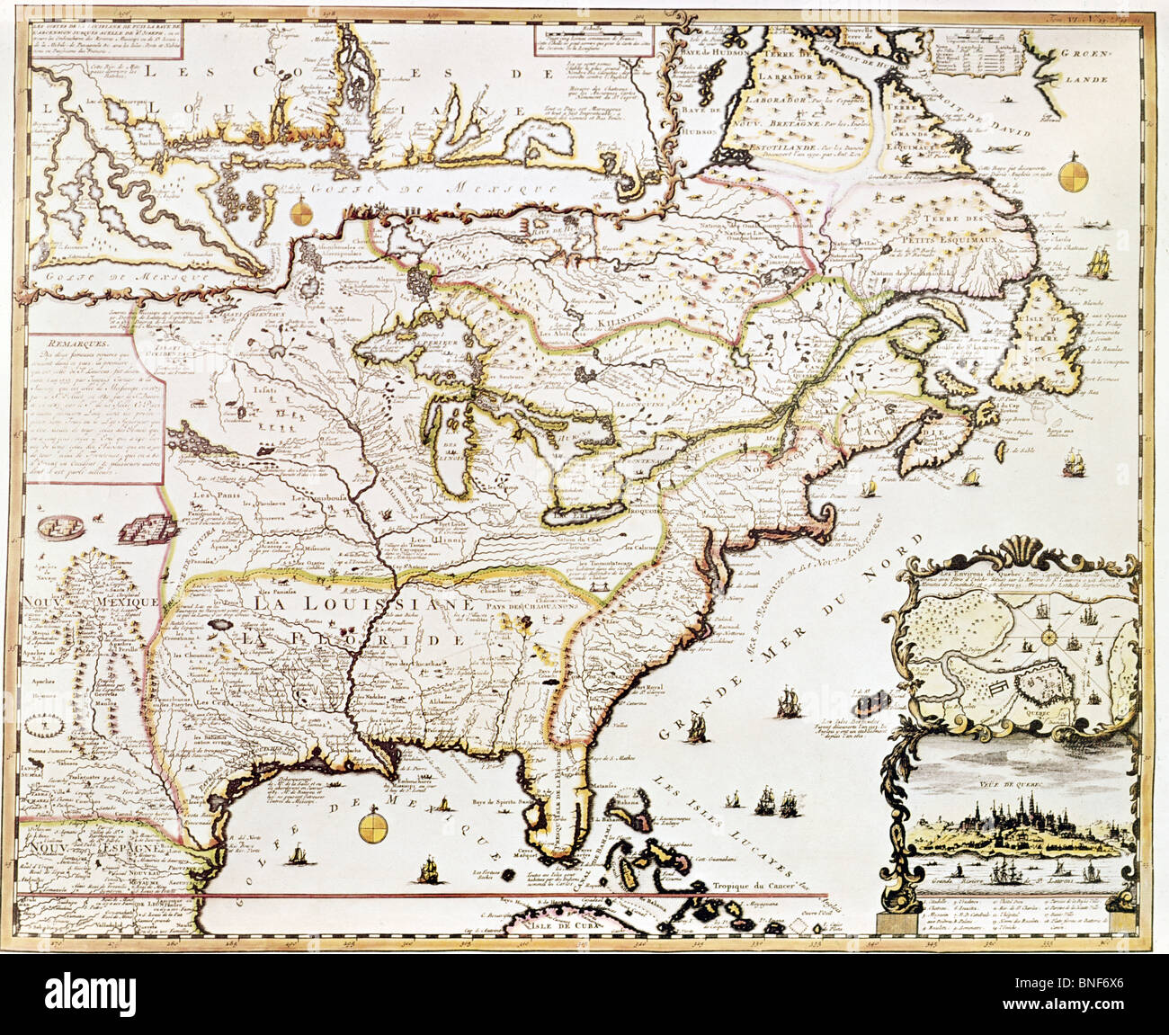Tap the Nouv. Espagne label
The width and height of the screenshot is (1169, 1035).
point(67,847)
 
